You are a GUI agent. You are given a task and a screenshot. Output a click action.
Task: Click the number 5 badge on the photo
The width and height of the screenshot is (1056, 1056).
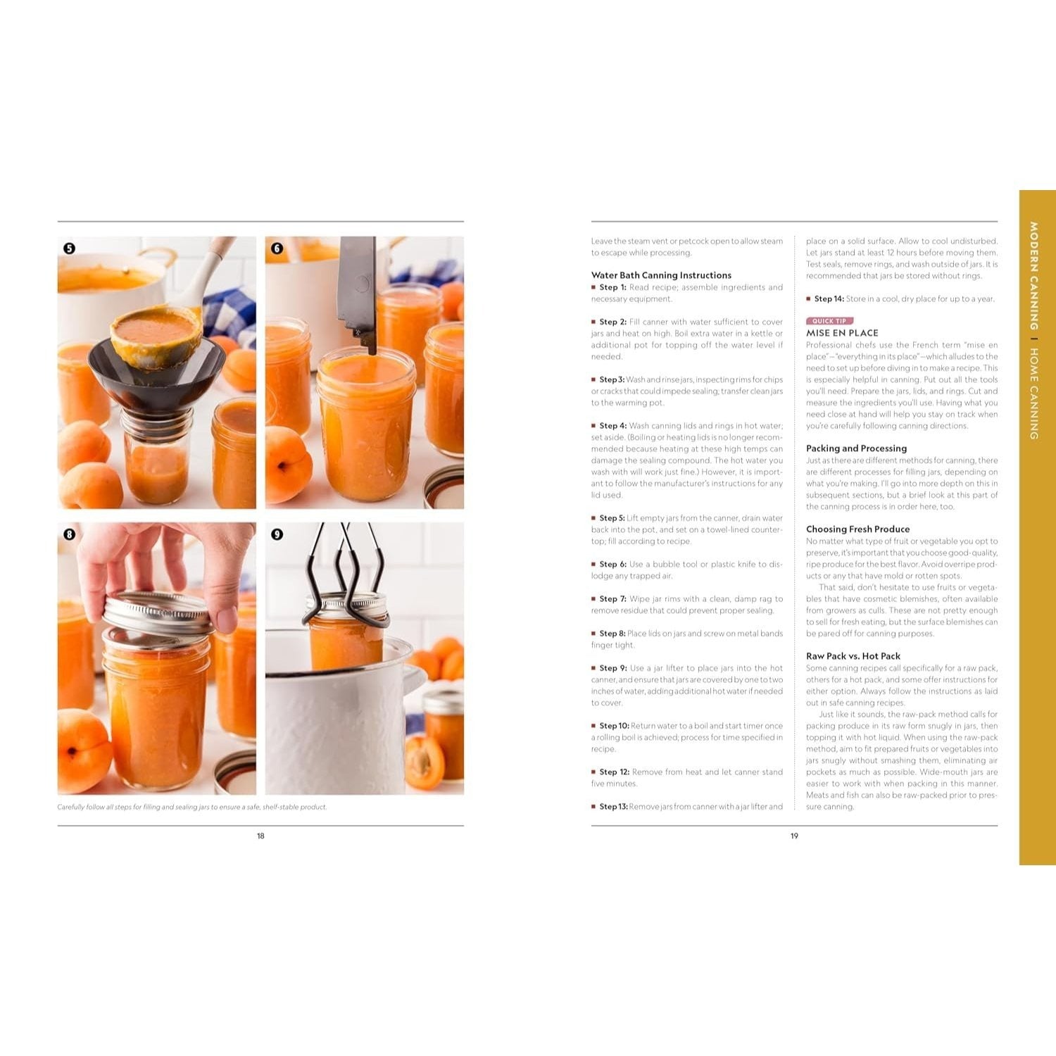(x=69, y=249)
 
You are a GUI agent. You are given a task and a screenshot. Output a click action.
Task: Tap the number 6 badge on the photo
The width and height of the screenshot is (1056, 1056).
(x=277, y=249)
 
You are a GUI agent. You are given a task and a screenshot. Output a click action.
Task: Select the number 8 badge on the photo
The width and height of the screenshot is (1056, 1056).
(x=69, y=534)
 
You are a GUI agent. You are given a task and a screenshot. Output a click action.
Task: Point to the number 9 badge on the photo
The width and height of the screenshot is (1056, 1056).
(x=277, y=534)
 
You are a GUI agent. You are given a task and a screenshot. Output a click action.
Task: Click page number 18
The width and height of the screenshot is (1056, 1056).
(x=260, y=836)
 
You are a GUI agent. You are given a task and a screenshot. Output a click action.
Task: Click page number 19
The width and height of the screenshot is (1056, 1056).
(x=794, y=836)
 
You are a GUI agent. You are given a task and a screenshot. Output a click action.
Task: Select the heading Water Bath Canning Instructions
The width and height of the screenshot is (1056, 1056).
(x=661, y=275)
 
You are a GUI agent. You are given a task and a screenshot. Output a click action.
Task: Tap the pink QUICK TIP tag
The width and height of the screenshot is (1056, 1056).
(x=829, y=321)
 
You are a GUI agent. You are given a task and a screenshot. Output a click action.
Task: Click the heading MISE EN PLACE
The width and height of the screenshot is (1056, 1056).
(x=842, y=333)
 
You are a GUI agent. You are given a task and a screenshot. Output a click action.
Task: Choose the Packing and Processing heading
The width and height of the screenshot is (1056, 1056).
(x=856, y=448)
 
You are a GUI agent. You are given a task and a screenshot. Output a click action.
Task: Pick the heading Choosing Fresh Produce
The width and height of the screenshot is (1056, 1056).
(x=857, y=529)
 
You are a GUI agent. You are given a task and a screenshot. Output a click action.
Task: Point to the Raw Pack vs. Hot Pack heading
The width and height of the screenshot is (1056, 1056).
(x=853, y=656)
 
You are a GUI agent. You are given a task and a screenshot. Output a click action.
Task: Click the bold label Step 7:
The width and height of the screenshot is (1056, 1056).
(x=612, y=599)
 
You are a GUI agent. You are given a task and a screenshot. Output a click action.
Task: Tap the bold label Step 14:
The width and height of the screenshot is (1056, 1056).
(x=829, y=298)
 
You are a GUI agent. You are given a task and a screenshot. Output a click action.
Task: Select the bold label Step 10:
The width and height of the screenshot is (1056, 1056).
(x=614, y=726)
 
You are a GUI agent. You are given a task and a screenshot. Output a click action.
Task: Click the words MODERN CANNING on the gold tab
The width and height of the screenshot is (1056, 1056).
(x=1033, y=276)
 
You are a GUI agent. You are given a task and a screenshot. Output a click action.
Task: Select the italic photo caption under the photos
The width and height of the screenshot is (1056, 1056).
(x=192, y=807)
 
